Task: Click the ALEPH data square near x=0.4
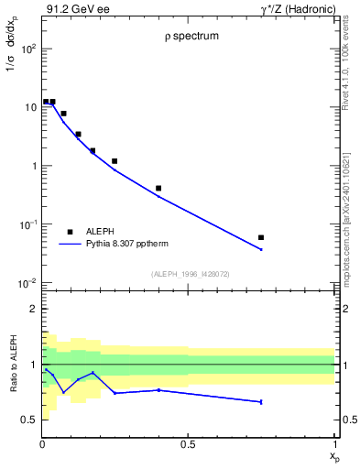(158, 189)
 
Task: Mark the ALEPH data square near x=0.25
(115, 161)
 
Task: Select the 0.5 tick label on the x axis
(188, 445)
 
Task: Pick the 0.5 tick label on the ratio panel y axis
(29, 420)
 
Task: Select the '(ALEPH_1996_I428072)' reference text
(189, 274)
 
